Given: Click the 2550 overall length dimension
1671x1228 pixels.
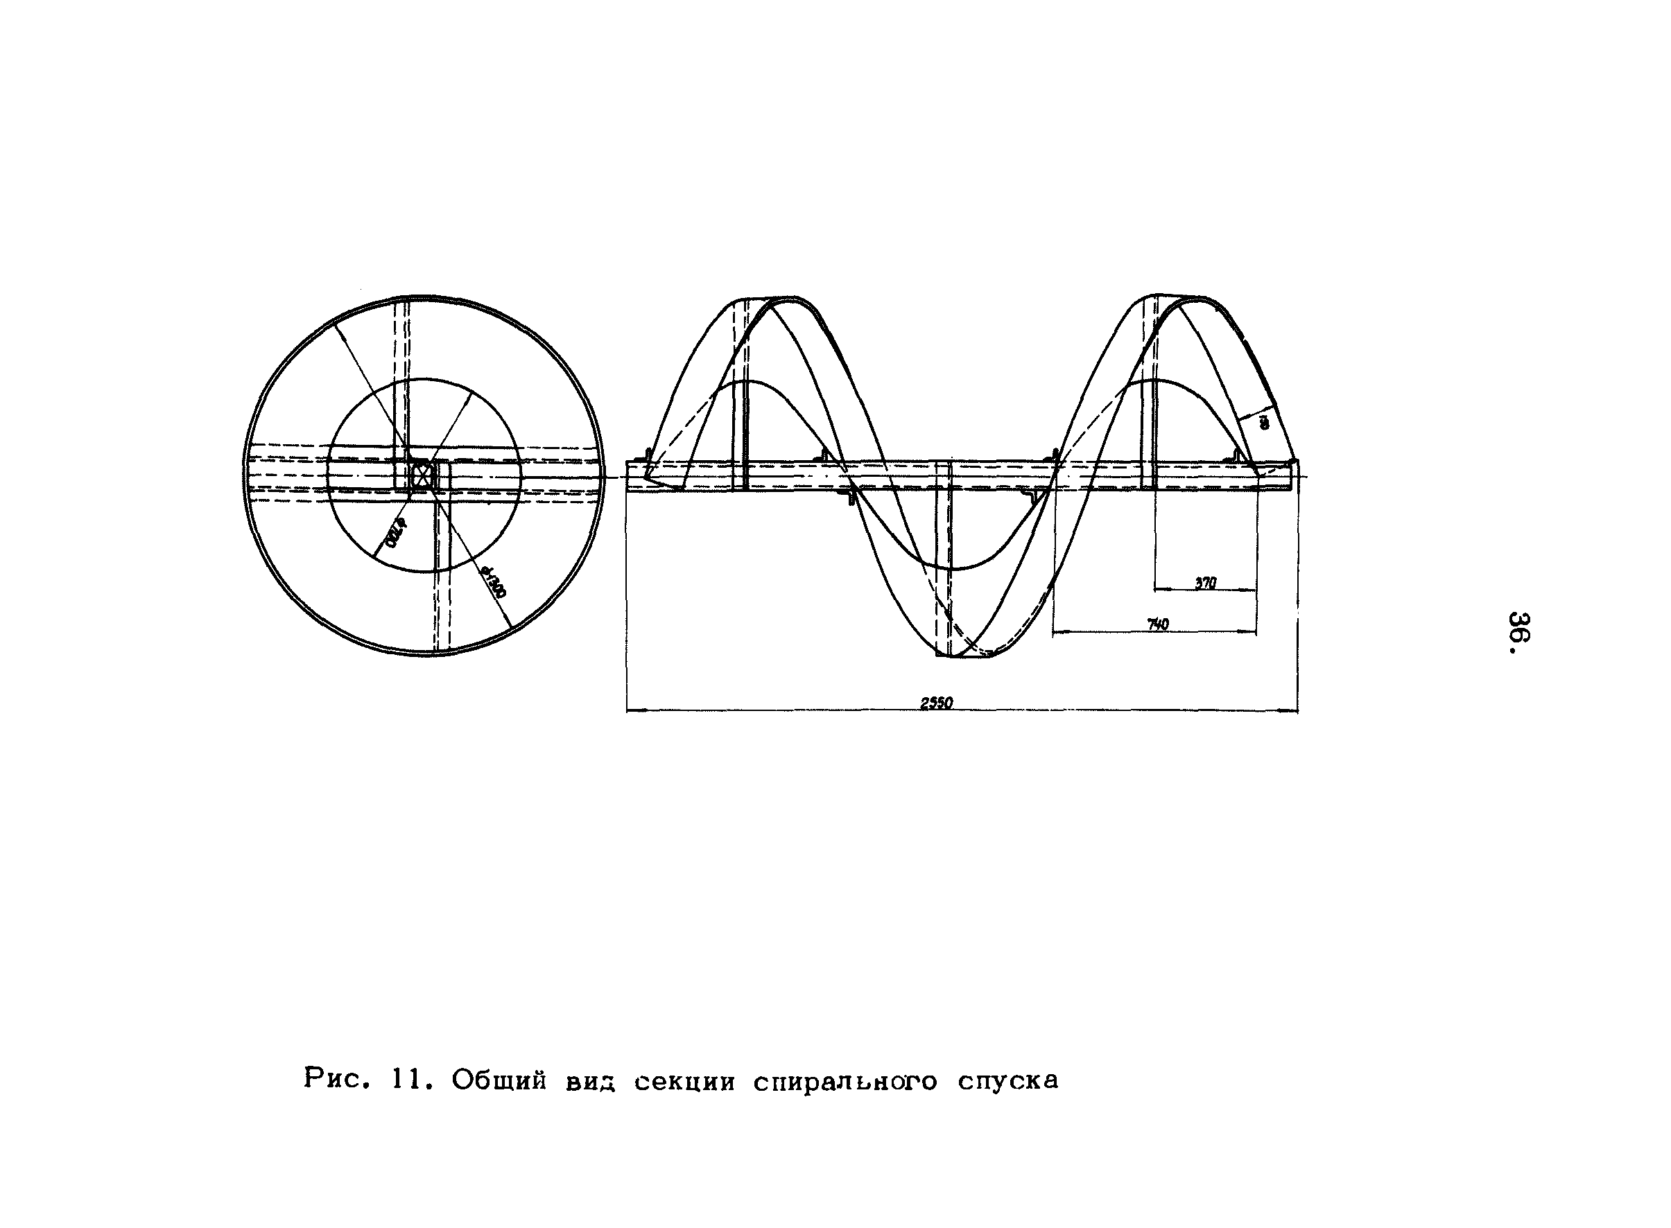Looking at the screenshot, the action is [x=936, y=703].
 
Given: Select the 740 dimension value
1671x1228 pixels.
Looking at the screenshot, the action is [x=1158, y=624].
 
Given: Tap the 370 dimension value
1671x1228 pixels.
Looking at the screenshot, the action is [x=1206, y=584].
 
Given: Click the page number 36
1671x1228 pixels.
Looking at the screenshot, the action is [x=1519, y=632].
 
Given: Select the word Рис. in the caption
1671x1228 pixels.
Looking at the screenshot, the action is [x=337, y=1078].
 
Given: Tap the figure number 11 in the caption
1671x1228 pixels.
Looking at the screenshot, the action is [x=407, y=1079].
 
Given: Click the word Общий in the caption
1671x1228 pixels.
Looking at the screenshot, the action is [x=499, y=1080].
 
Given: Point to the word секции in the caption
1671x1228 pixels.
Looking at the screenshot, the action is [x=684, y=1082].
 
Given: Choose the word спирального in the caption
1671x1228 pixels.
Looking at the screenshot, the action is [x=845, y=1082].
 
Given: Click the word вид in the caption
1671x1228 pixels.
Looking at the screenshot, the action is [x=591, y=1082].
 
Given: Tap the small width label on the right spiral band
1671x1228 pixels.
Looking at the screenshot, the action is [x=1263, y=422].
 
